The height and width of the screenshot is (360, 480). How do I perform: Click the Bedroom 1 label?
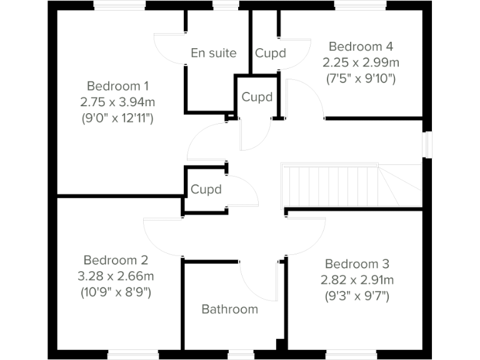[118, 86]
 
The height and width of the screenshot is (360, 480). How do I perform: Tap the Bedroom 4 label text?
[361, 46]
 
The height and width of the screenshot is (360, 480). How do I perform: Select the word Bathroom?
[229, 309]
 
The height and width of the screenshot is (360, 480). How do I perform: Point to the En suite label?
[214, 53]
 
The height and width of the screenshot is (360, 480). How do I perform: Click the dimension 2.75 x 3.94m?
[118, 101]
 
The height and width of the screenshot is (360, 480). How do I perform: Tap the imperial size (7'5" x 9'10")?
[361, 79]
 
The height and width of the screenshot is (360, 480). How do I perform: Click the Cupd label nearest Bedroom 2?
[206, 189]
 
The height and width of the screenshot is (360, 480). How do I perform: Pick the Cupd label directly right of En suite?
[270, 53]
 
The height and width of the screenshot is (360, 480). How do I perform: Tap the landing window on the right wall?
[427, 144]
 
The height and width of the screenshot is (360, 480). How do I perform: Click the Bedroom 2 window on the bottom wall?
[133, 354]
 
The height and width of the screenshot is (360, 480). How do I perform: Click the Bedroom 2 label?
[116, 260]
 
